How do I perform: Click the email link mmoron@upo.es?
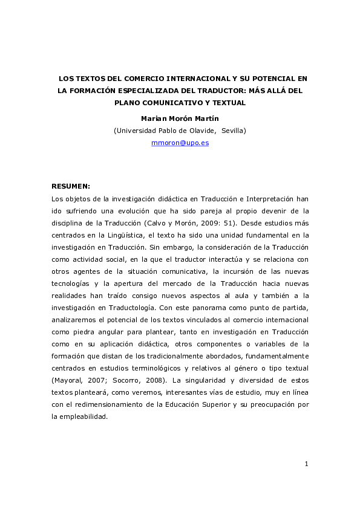click(x=180, y=143)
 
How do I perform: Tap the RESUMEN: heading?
click(x=71, y=186)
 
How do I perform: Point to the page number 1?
click(x=307, y=464)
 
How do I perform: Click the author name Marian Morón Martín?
click(x=180, y=118)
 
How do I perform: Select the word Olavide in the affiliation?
click(x=201, y=130)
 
